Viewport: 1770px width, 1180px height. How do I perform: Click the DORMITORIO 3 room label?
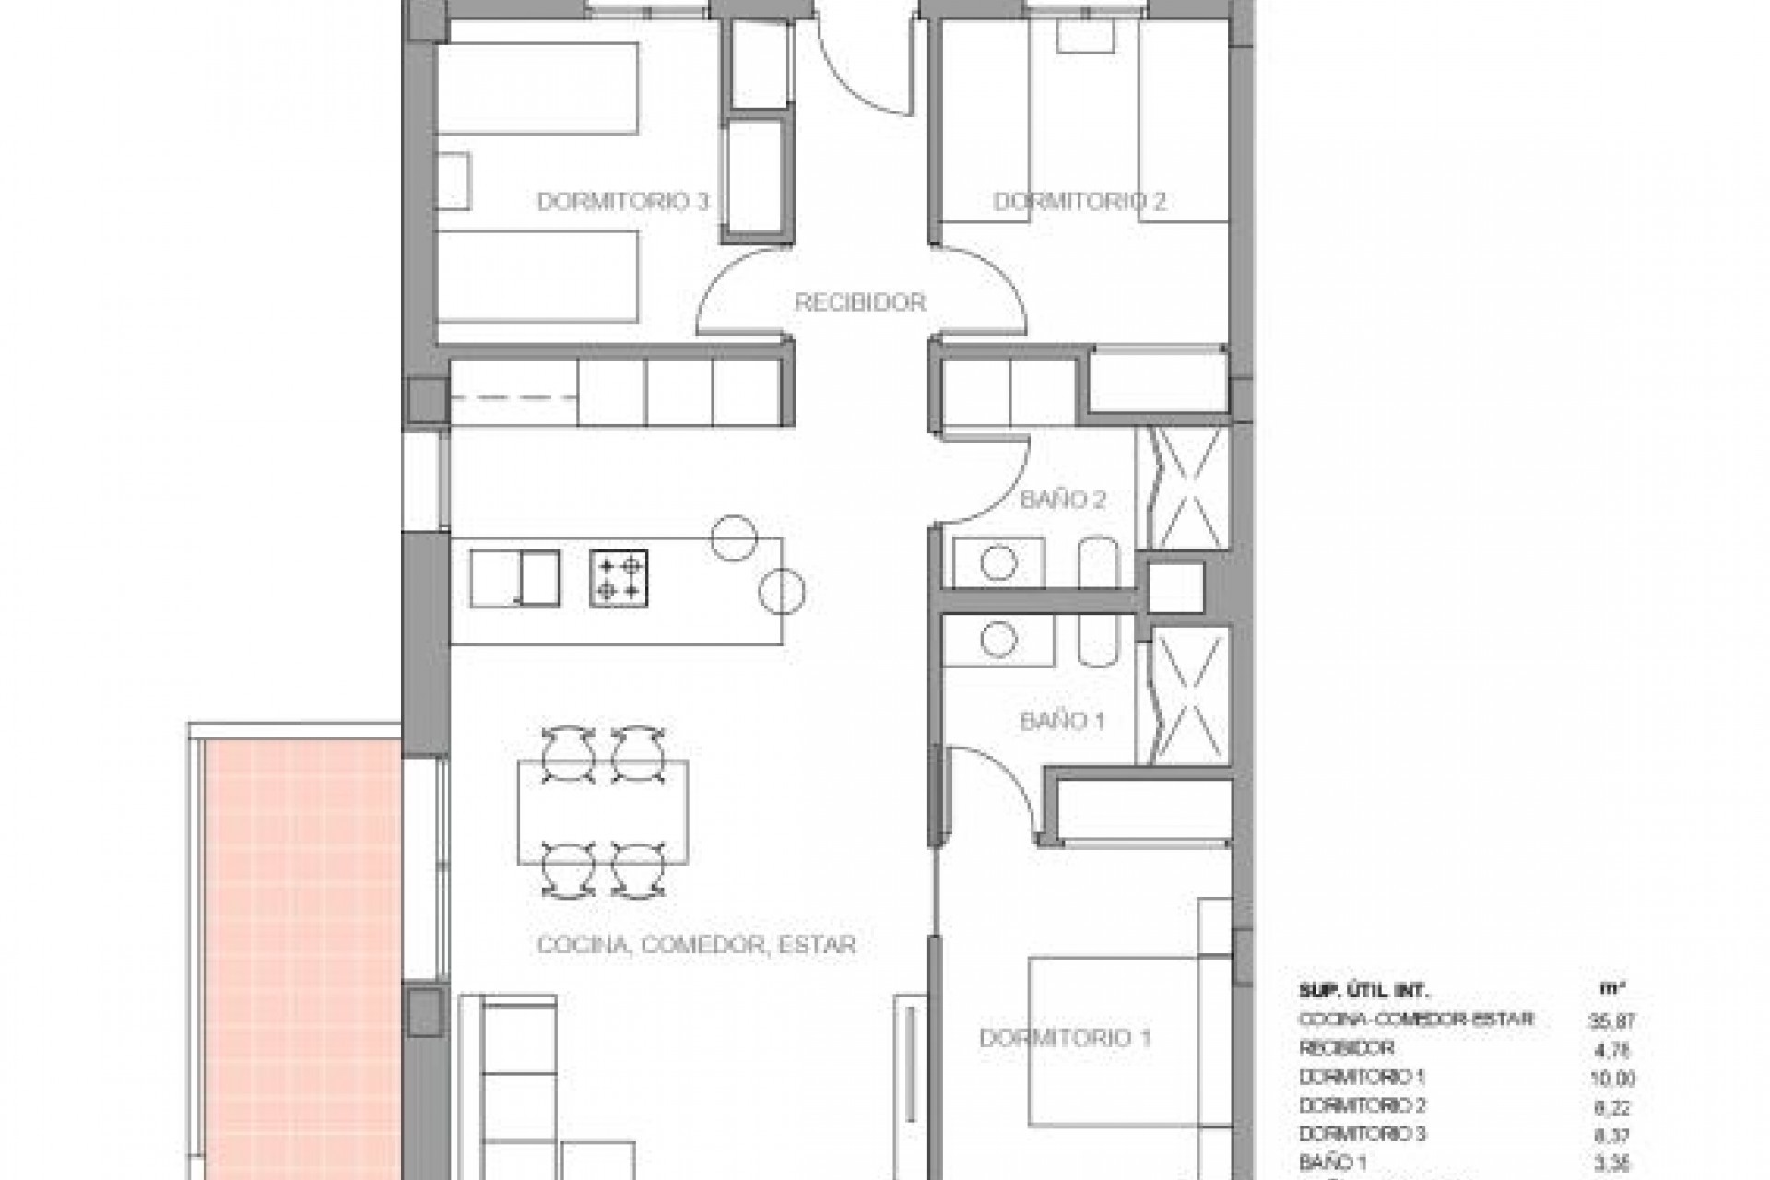(622, 201)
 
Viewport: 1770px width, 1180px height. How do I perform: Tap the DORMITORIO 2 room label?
(1079, 201)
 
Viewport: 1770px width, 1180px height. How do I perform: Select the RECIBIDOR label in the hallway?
(859, 301)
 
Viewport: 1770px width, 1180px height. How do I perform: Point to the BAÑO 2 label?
(1062, 500)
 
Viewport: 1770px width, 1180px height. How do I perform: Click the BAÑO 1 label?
(1062, 721)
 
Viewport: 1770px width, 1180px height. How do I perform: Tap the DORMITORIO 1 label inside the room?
(1065, 1039)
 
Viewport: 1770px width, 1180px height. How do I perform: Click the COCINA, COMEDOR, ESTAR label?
(696, 945)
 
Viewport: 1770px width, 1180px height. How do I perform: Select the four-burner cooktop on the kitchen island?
(619, 578)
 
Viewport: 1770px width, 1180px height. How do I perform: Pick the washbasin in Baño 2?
(997, 563)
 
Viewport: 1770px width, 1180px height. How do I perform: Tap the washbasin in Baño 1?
(997, 638)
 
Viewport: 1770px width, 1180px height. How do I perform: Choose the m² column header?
(1611, 990)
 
